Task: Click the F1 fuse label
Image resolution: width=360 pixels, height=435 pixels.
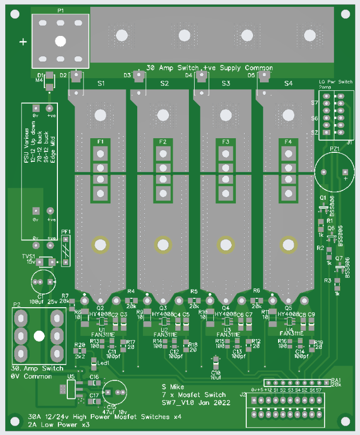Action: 100,142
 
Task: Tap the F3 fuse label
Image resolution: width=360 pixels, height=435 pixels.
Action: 225,142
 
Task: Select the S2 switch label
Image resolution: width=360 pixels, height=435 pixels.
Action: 164,83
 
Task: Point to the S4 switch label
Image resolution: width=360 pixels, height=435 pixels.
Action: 289,83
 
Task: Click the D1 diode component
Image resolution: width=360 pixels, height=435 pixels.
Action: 49,82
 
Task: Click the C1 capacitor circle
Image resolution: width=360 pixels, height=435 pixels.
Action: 43,282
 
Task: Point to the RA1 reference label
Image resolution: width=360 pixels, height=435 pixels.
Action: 336,380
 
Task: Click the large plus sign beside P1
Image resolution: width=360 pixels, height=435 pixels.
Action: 23,42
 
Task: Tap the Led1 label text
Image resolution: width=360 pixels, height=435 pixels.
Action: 103,363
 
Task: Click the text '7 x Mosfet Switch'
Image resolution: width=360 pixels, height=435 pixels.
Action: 194,395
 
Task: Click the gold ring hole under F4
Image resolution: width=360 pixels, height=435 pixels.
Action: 287,244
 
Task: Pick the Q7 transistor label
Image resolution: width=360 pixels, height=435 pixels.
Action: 339,259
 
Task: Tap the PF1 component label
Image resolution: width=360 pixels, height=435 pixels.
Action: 65,232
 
